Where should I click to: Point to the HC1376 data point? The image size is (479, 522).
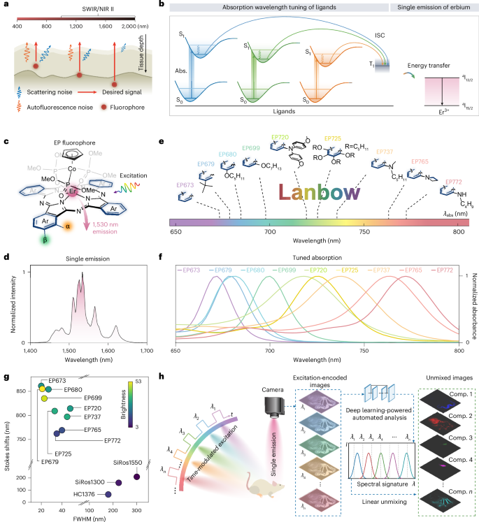click(108, 495)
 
